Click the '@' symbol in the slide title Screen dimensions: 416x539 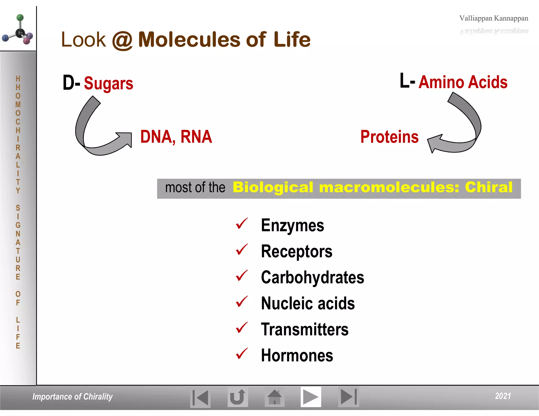[122, 40]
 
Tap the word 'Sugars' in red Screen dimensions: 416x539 [108, 83]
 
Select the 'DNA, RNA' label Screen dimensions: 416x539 [176, 137]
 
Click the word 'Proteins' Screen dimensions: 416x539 [389, 137]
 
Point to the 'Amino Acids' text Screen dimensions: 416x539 [463, 82]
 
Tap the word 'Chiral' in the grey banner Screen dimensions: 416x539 [488, 187]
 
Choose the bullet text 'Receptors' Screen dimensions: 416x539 [296, 251]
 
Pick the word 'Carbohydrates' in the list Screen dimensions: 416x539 [312, 277]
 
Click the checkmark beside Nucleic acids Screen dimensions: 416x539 [242, 302]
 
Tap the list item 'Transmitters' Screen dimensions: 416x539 [305, 329]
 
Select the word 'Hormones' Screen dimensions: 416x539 [297, 356]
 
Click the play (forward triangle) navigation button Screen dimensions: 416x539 [311, 397]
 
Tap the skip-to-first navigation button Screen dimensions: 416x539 [200, 397]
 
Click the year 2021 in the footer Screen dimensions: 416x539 [503, 396]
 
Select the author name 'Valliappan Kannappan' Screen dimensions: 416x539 [493, 18]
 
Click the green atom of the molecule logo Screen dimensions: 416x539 [20, 18]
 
